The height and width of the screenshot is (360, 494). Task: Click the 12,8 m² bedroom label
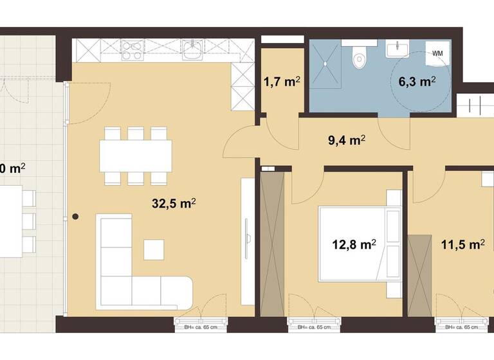(x=354, y=244)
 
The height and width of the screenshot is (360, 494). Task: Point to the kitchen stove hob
(x=133, y=50)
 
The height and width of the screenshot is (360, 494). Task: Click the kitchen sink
(x=192, y=49)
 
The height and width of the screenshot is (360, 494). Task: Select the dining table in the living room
(x=136, y=156)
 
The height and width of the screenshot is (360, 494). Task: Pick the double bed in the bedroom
(x=360, y=244)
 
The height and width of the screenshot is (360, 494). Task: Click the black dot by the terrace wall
(x=75, y=217)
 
